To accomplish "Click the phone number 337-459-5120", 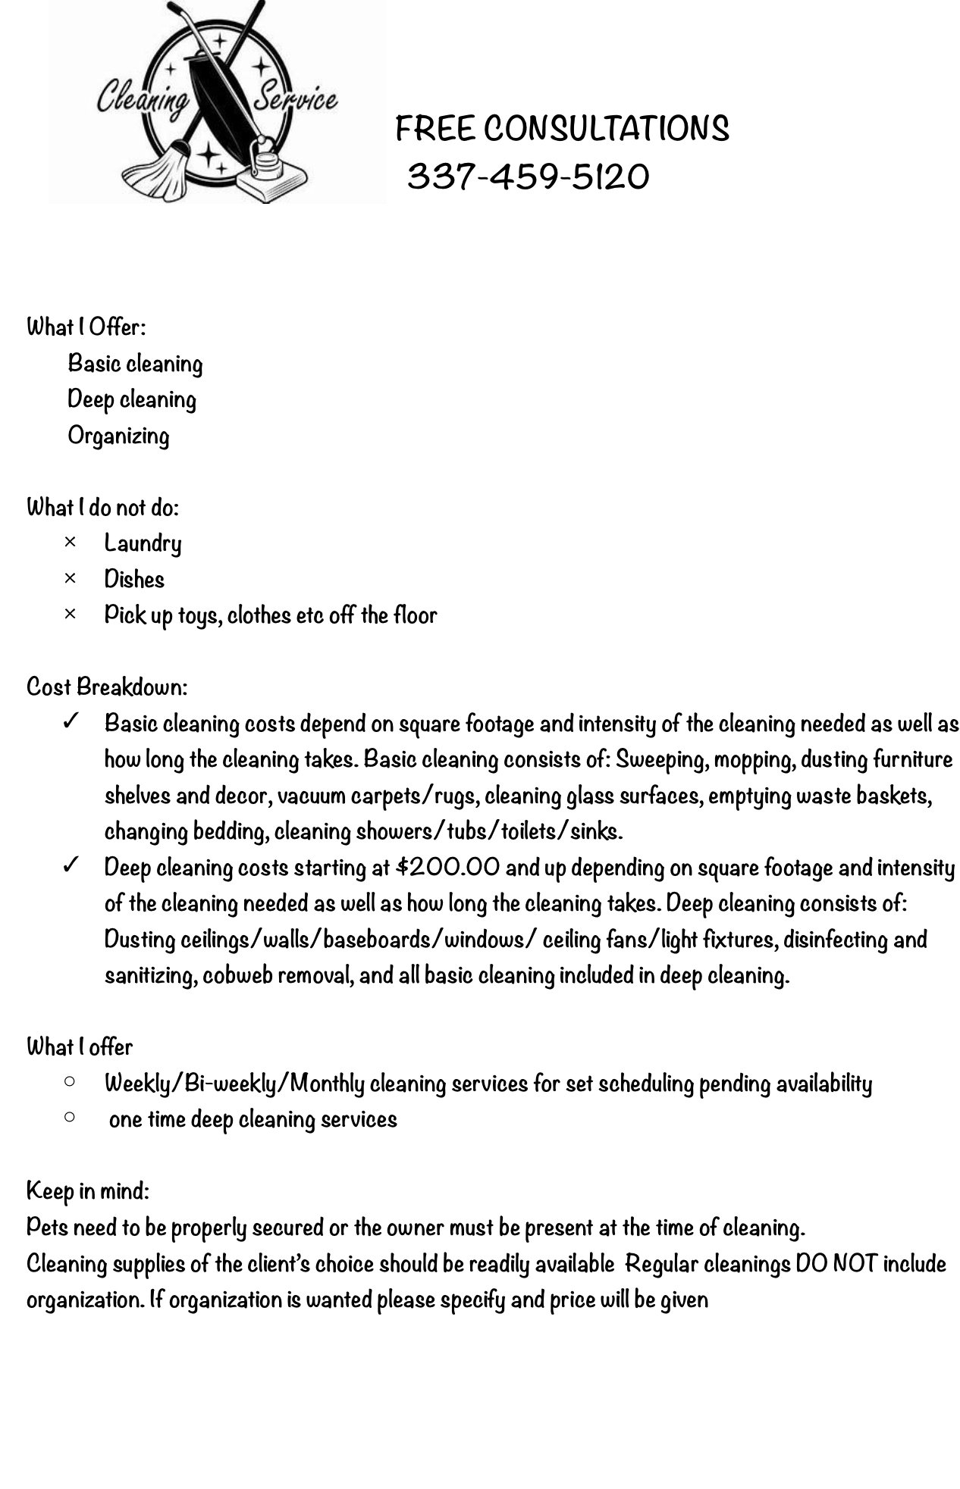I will (x=528, y=177).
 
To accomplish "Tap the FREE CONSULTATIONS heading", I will (x=562, y=129).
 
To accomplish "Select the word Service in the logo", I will (x=295, y=97).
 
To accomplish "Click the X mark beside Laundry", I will (x=70, y=543).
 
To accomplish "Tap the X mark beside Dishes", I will (x=70, y=579).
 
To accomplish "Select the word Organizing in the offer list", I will (x=118, y=436).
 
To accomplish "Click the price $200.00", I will (x=448, y=867).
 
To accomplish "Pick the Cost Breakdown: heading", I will (x=107, y=687).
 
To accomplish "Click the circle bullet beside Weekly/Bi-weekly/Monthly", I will (x=70, y=1082).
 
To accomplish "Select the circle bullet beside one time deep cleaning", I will (x=70, y=1117).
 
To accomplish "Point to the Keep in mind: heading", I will (x=88, y=1190).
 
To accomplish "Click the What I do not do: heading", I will (x=103, y=507).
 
